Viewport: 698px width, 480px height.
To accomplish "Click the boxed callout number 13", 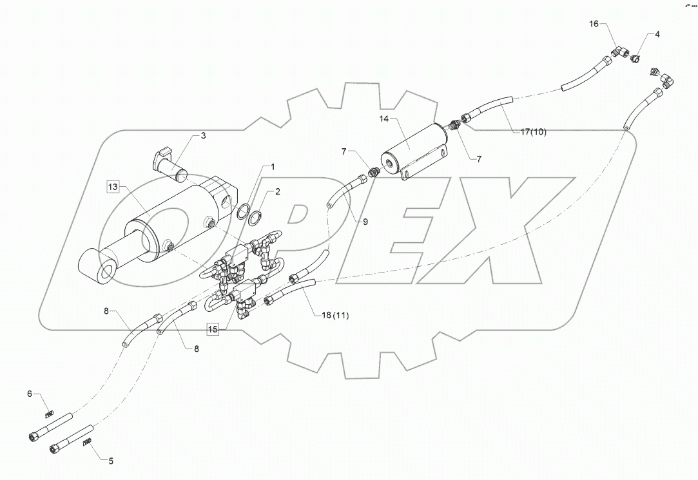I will click(x=113, y=187).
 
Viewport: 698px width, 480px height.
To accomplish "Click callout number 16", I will click(x=594, y=24).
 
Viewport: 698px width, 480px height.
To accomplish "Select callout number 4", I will click(x=657, y=34).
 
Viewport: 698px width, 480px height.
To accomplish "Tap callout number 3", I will click(x=203, y=135).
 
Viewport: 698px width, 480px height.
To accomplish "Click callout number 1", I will click(x=273, y=167).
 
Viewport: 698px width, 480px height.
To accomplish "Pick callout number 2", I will click(x=278, y=191).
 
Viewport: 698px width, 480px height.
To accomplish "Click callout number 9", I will click(x=365, y=221).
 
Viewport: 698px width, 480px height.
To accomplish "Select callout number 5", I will click(x=110, y=461).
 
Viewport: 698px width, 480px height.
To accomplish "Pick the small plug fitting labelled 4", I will click(x=635, y=57).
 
